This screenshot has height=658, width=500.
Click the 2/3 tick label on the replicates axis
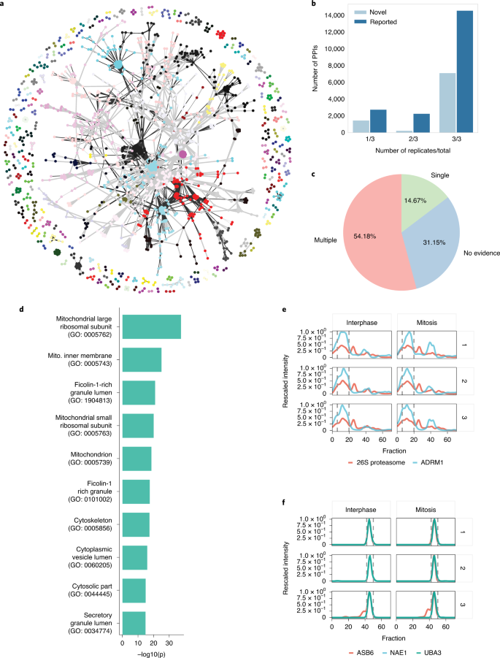pyautogui.click(x=402, y=142)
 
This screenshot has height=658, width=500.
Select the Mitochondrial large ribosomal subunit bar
pyautogui.click(x=151, y=326)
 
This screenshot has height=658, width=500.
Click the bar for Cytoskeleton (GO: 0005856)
pyautogui.click(x=136, y=524)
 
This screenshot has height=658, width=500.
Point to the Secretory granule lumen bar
pyautogui.click(x=134, y=623)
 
